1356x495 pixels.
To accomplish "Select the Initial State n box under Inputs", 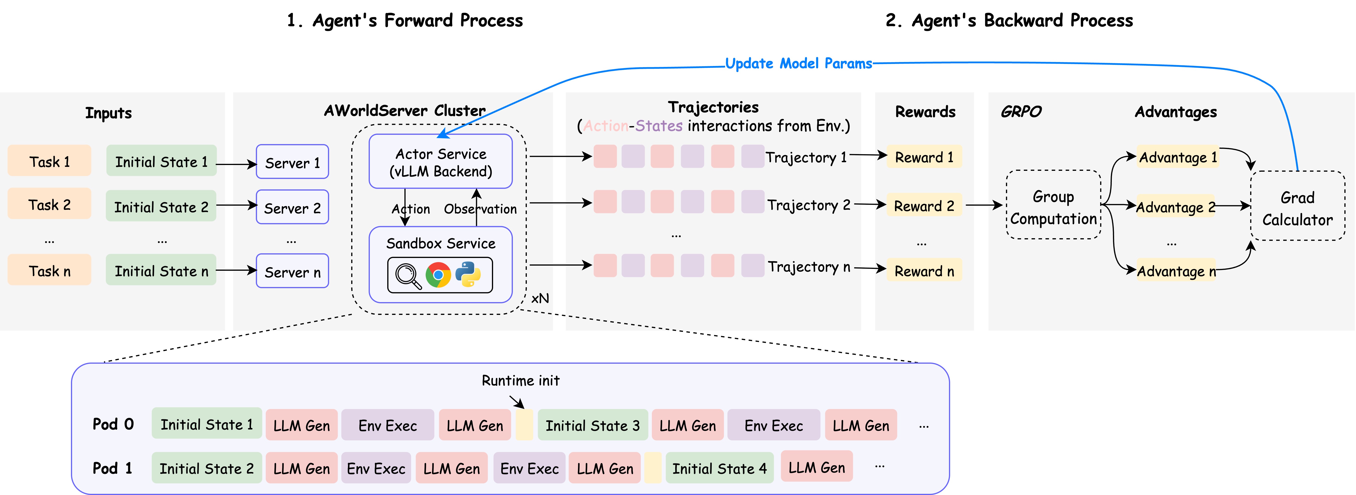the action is pos(161,270).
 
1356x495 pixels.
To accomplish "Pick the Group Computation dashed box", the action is pos(1053,205).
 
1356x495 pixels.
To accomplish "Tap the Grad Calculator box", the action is pos(1298,206).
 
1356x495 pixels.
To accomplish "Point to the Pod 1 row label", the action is pos(112,468).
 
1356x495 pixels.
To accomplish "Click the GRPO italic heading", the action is pos(1021,112).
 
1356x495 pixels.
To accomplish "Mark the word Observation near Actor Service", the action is pos(480,209).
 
